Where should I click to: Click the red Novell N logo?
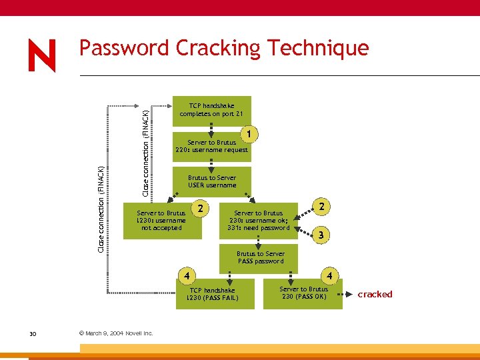coord(42,56)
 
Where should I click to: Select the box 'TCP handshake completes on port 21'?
coord(211,110)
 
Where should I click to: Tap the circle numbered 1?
coord(249,135)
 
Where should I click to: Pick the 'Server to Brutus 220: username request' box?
coord(211,147)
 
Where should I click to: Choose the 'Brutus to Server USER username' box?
coord(211,181)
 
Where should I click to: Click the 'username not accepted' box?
coord(161,221)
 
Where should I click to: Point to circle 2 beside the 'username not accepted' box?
coord(199,209)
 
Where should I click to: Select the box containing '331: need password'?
coord(258,221)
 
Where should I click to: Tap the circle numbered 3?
coord(321,235)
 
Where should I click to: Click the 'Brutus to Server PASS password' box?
coord(260,257)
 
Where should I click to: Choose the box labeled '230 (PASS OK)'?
coord(303,293)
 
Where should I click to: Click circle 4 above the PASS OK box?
coord(328,275)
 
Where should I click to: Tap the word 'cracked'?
coord(375,294)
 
